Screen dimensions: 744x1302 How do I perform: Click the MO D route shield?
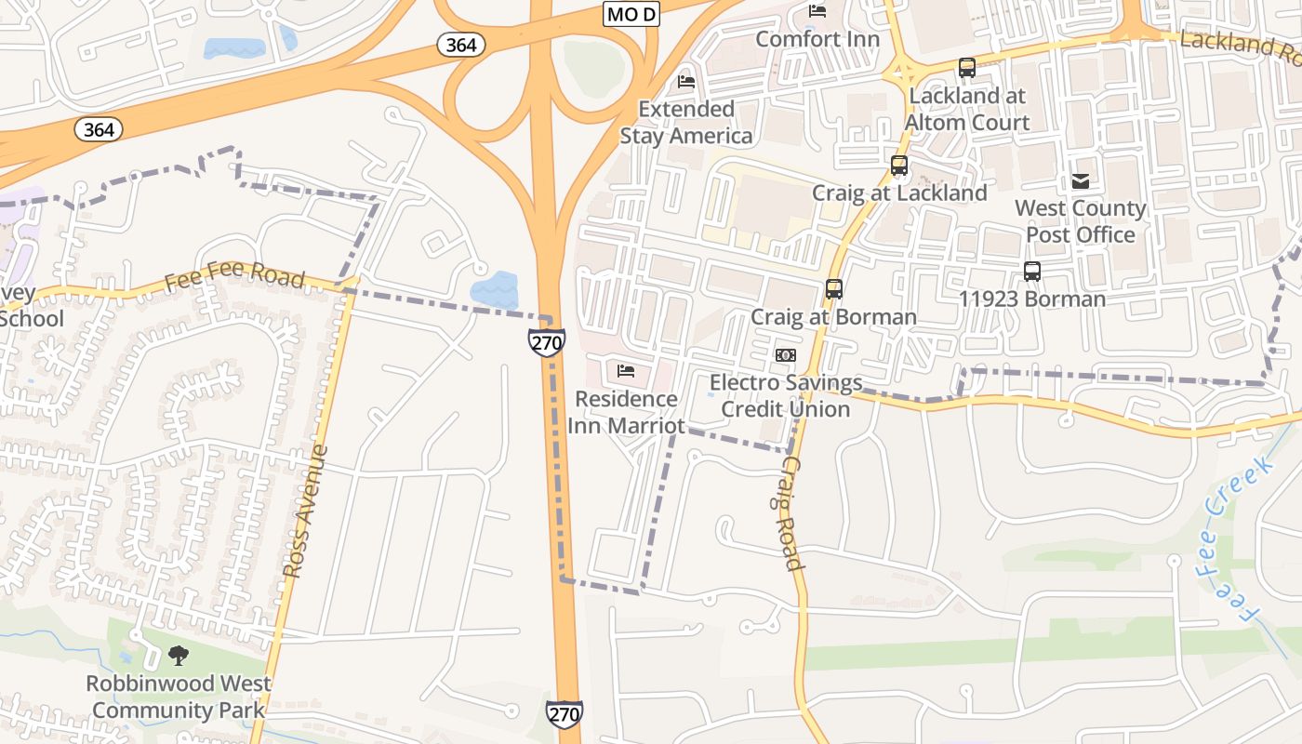pyautogui.click(x=631, y=14)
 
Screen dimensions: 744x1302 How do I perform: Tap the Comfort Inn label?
pyautogui.click(x=817, y=39)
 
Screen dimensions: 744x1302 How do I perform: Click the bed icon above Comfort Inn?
pyautogui.click(x=817, y=11)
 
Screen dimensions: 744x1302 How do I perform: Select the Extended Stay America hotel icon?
pyautogui.click(x=686, y=82)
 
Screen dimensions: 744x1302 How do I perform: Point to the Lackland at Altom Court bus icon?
pyautogui.click(x=967, y=68)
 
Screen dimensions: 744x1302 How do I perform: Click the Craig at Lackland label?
pyautogui.click(x=899, y=193)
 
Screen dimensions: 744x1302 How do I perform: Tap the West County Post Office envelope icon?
pyautogui.click(x=1081, y=181)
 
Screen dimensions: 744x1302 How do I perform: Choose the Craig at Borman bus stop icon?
pyautogui.click(x=834, y=289)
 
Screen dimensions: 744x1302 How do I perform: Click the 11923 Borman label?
pyautogui.click(x=1032, y=299)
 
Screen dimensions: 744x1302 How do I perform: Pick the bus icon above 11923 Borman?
pyautogui.click(x=1032, y=272)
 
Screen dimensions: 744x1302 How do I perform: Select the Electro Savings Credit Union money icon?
pyautogui.click(x=786, y=355)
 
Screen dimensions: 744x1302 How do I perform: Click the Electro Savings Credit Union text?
pyautogui.click(x=786, y=396)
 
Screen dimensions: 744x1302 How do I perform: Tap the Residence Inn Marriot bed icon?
pyautogui.click(x=626, y=371)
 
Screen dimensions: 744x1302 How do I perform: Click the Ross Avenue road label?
pyautogui.click(x=306, y=511)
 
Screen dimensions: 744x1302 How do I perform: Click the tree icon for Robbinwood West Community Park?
pyautogui.click(x=179, y=656)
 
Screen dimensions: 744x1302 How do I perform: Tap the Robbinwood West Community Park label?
pyautogui.click(x=179, y=697)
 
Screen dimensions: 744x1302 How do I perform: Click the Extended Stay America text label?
pyautogui.click(x=686, y=123)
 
